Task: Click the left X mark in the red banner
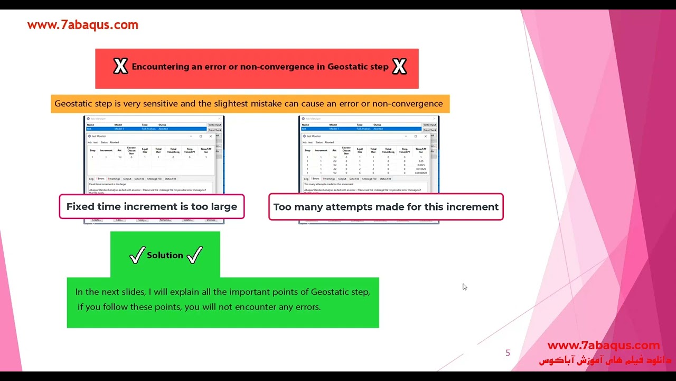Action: coord(120,67)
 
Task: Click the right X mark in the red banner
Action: coord(399,67)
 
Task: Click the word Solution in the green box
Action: coord(165,255)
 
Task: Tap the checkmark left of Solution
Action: coord(137,256)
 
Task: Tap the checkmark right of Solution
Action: coord(194,256)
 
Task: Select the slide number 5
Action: coord(508,353)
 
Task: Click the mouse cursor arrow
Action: coord(464,286)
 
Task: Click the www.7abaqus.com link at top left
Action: coord(82,25)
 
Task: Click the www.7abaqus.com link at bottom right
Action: coord(603,346)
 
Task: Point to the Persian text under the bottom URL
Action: coord(604,360)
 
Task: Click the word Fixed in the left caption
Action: coord(80,207)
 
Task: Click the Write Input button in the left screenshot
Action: coord(215,125)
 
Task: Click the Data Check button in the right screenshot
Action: coord(429,130)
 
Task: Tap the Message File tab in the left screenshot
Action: coord(154,179)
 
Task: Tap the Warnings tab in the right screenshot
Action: coord(328,179)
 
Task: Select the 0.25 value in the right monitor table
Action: coord(421,161)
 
